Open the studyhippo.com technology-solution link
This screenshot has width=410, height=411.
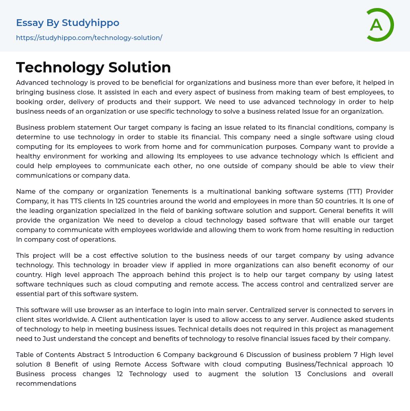[x=89, y=38]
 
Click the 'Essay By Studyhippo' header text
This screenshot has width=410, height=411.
[x=68, y=23]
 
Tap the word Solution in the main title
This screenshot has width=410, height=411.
[x=140, y=67]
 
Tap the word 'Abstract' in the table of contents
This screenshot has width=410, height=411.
[x=93, y=355]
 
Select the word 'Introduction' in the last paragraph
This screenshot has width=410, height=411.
[x=134, y=355]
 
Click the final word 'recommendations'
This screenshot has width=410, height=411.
[x=46, y=383]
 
